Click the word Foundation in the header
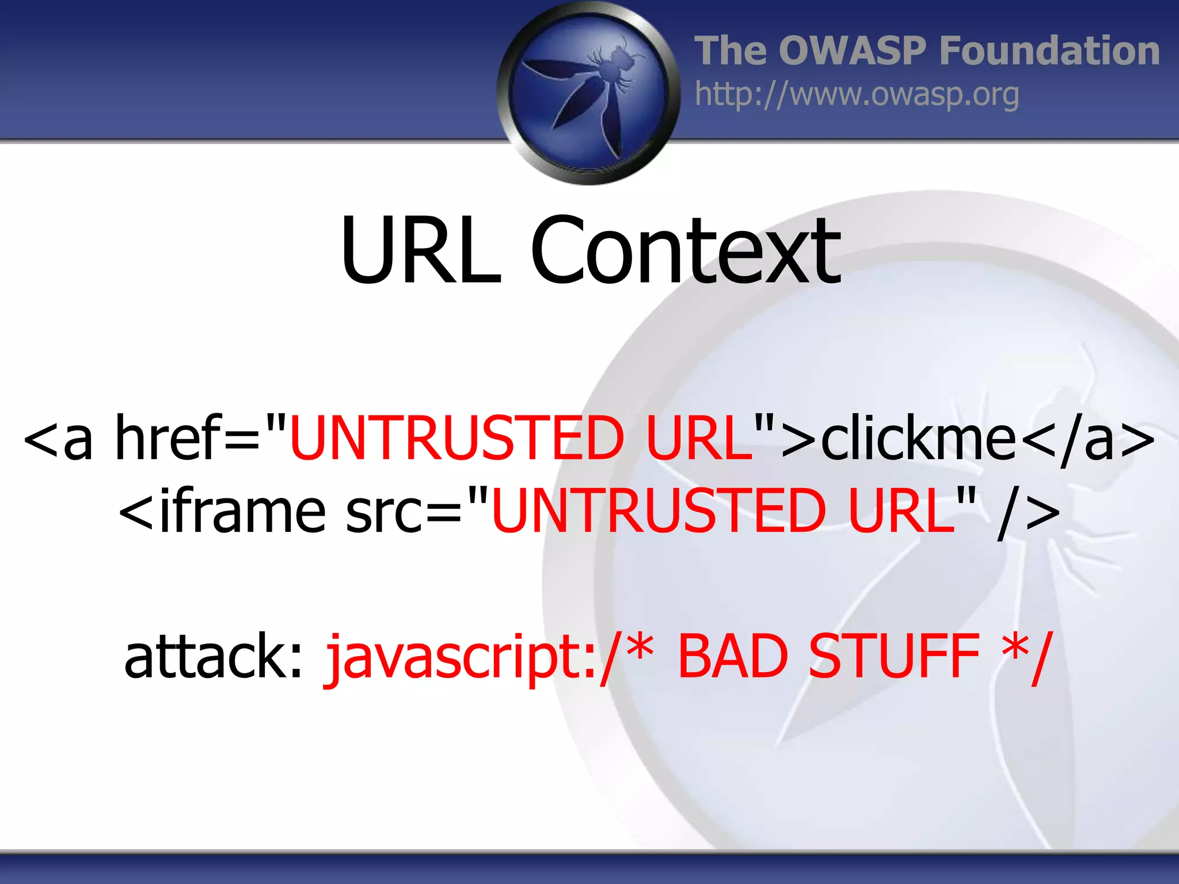[x=1049, y=51]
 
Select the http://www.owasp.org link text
[x=857, y=94]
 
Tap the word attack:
[x=213, y=656]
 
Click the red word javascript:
[x=461, y=656]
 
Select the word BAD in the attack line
[x=732, y=656]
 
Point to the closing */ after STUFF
[x=1028, y=656]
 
